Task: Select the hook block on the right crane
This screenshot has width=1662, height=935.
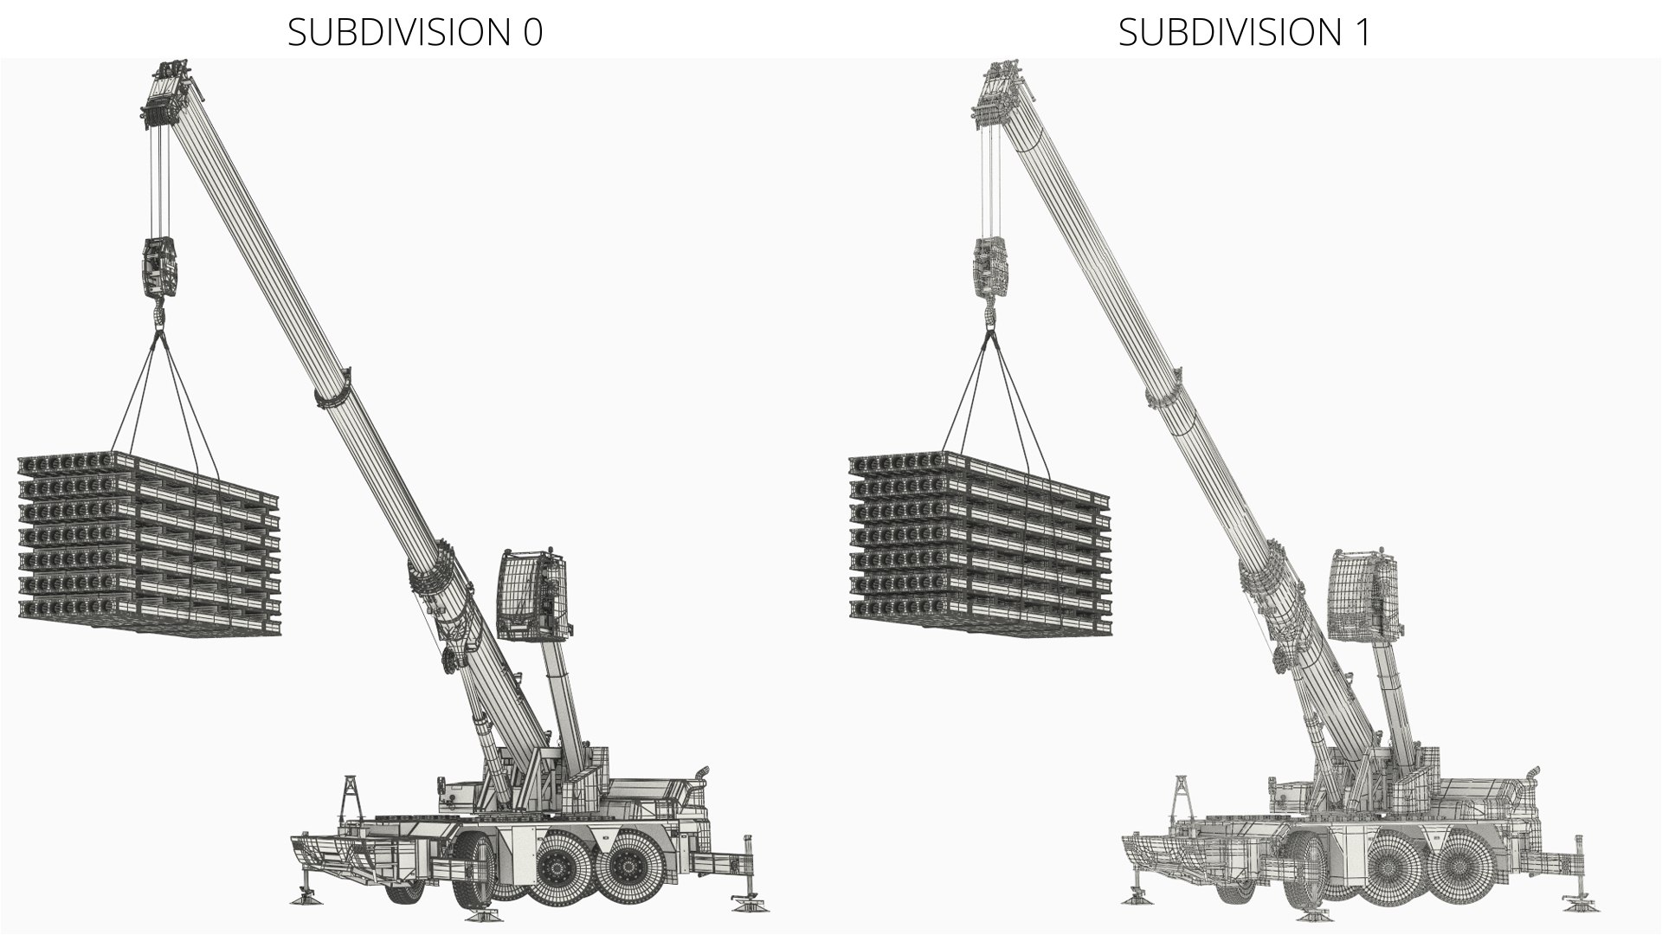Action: [x=991, y=268]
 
